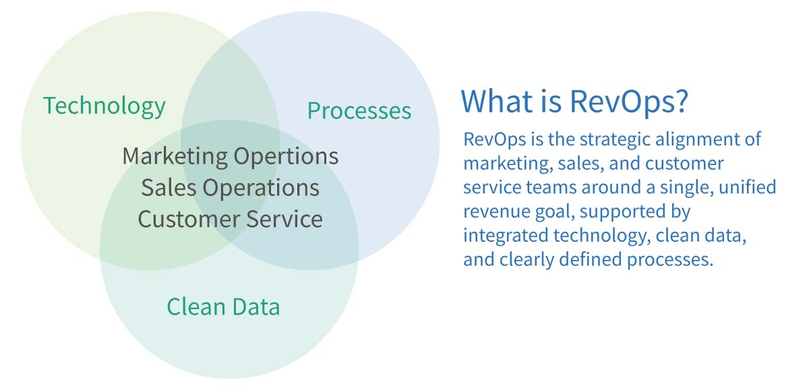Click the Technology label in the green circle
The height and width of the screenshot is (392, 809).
tap(104, 106)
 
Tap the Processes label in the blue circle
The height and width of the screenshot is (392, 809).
tap(359, 110)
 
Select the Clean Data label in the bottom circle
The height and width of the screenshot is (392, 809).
tap(223, 307)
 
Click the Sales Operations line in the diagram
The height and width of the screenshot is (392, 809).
tap(230, 188)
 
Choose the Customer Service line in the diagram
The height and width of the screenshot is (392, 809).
tap(230, 219)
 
